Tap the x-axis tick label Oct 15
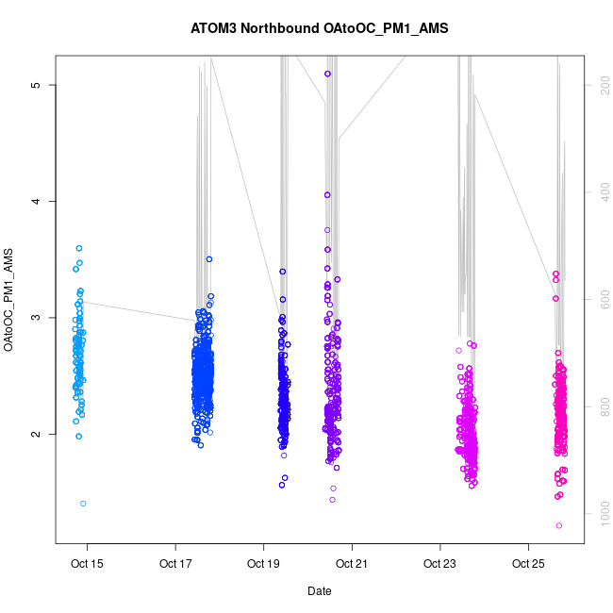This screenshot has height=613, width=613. (88, 565)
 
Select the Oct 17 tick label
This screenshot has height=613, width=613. (175, 565)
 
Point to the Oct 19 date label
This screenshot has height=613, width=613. (263, 565)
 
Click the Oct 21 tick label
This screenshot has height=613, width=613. (352, 565)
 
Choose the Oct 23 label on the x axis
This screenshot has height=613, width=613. (439, 565)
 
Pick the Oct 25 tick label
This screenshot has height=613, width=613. (527, 565)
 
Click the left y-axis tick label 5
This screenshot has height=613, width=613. (36, 85)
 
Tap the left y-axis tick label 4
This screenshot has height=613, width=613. (36, 201)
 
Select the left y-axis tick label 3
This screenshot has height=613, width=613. (36, 318)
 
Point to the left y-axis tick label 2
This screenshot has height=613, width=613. (36, 434)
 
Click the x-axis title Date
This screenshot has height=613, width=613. (319, 591)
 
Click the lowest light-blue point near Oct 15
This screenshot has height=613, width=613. (83, 504)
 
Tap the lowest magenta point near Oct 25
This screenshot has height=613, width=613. (559, 525)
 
